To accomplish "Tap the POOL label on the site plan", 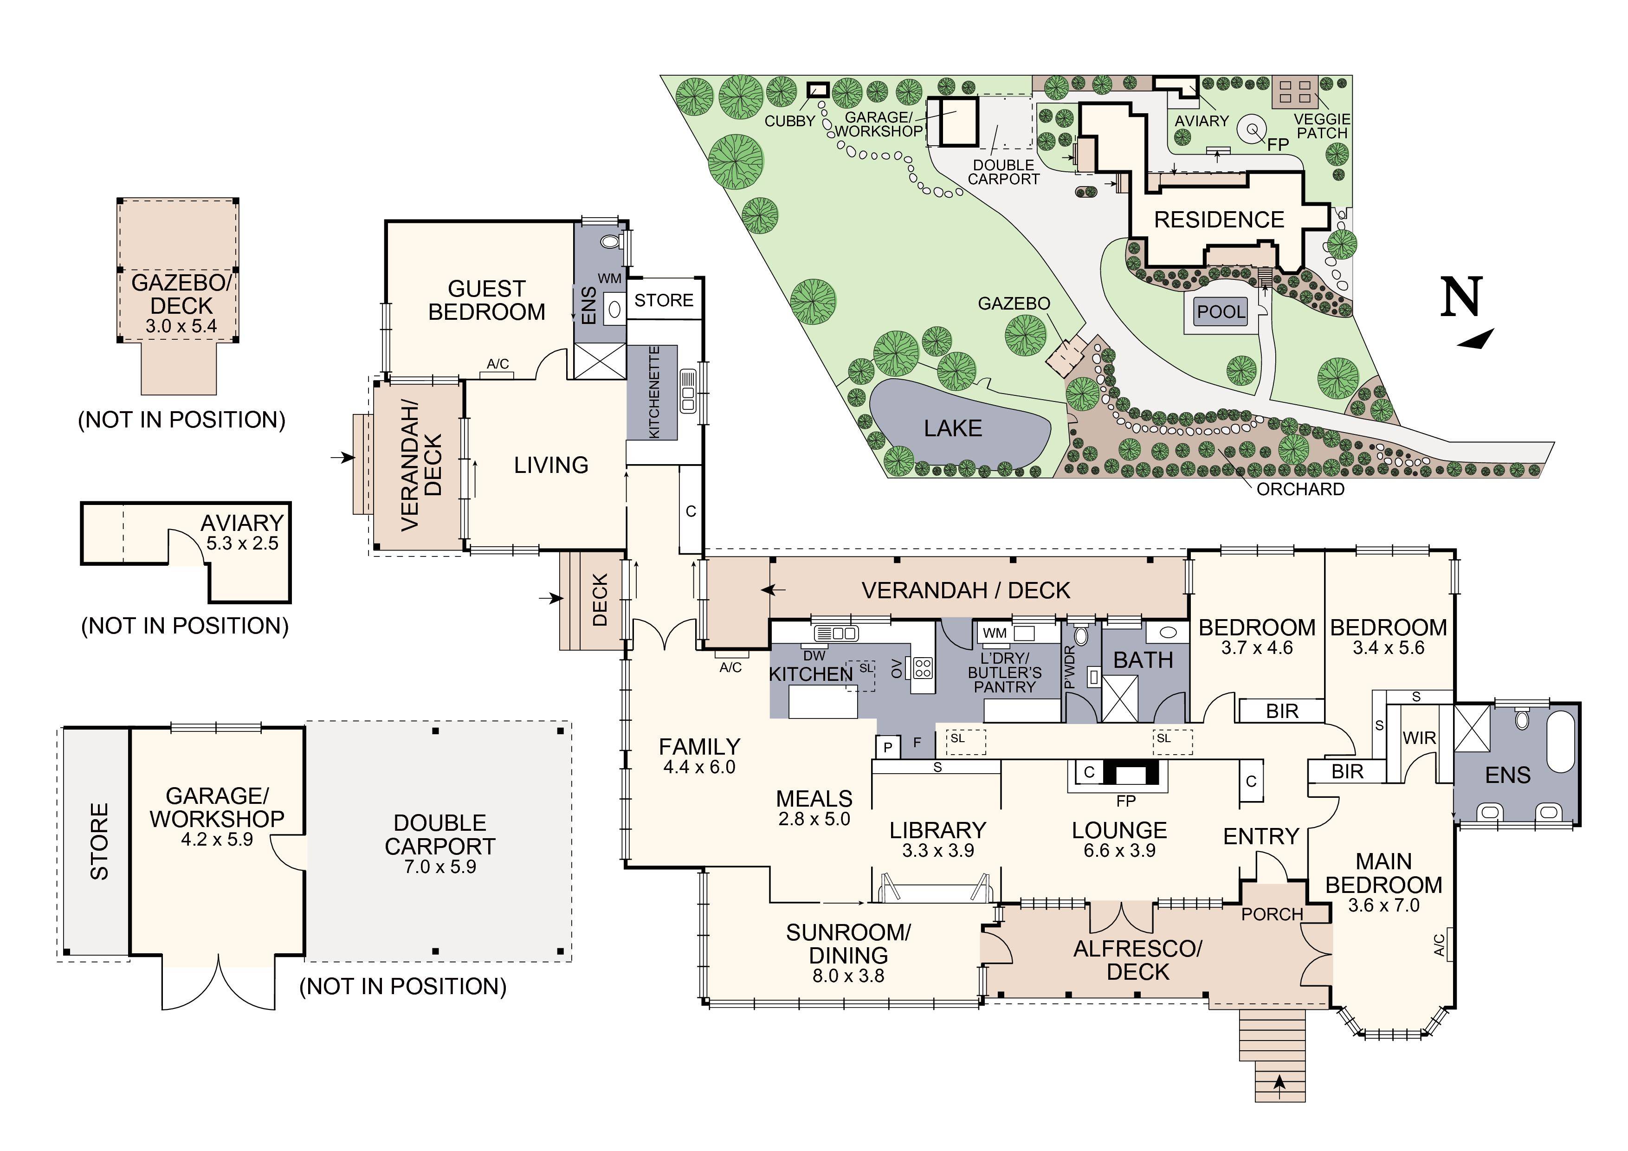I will (x=1220, y=312).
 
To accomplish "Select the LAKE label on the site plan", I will (x=952, y=428).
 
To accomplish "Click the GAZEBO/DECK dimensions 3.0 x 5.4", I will (x=181, y=326).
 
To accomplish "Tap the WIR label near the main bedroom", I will (x=1419, y=738).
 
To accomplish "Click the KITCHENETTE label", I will (x=654, y=392).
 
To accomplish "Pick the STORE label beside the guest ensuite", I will (x=664, y=301).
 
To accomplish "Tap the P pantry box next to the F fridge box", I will (x=888, y=747).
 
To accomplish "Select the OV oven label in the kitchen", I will (x=896, y=668).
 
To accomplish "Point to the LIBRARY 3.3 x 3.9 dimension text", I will (x=937, y=850).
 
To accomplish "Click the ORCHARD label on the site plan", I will (x=1300, y=489).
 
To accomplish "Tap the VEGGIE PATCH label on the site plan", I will (x=1322, y=126).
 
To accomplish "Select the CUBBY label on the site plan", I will (x=789, y=121).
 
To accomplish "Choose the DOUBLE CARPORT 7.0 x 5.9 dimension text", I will (x=439, y=866).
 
